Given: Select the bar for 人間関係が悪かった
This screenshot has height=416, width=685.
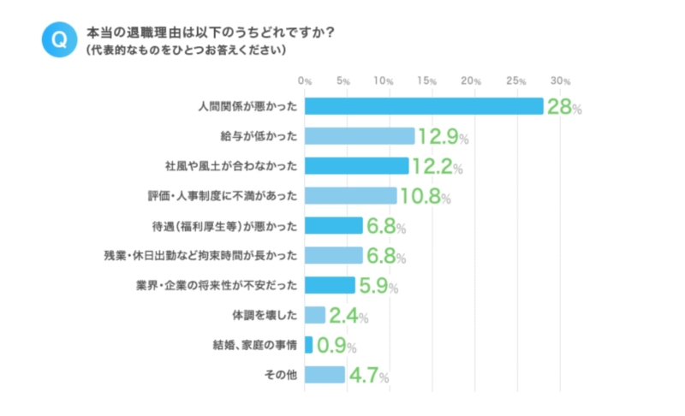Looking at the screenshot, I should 424,106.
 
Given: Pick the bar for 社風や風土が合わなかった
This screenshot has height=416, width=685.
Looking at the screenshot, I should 356,165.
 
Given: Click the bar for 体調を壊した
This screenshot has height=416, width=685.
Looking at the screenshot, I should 315,315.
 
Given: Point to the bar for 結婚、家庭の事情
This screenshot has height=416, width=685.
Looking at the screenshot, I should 308,345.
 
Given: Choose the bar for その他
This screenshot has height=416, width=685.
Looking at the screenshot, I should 325,375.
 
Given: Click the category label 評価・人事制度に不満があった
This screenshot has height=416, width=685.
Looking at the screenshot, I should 223,196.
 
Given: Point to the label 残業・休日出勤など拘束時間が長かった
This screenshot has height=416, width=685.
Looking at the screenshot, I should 200,255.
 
